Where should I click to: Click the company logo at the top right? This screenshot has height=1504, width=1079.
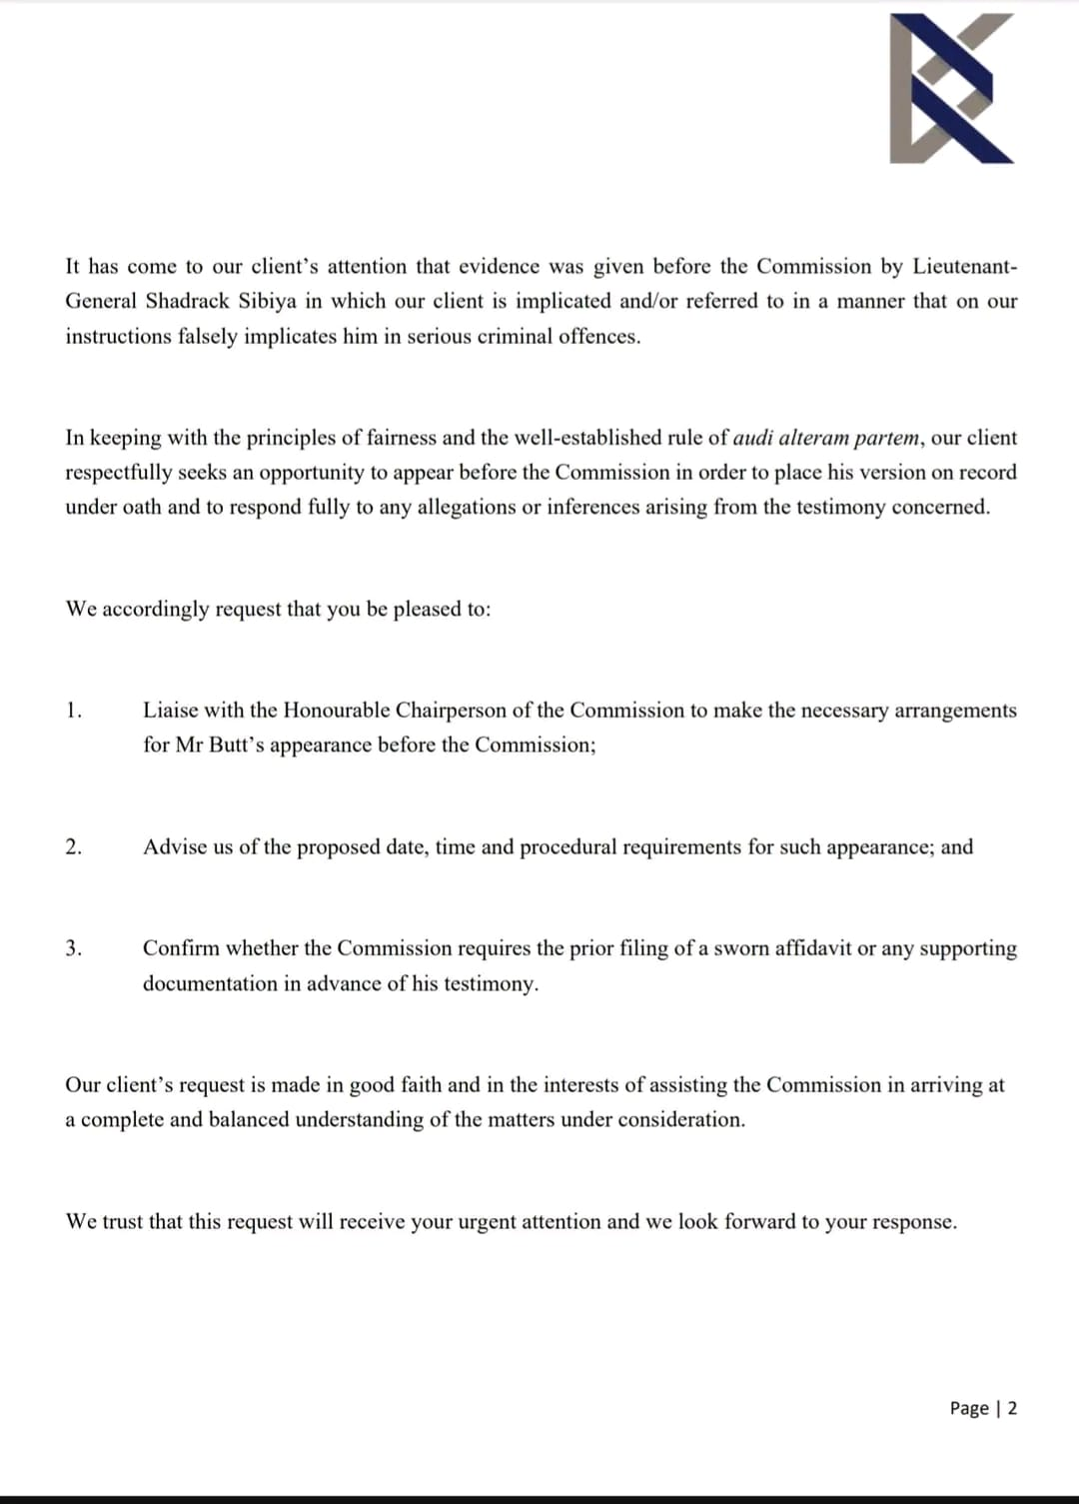pos(952,88)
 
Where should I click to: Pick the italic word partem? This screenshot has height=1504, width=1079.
pos(887,438)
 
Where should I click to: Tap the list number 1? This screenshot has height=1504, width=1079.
pos(73,711)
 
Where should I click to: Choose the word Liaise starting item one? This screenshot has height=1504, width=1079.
pos(172,711)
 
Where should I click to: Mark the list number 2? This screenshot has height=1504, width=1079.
pos(73,847)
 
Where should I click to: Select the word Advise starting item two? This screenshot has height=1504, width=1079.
pos(175,847)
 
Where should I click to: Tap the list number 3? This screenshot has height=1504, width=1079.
pos(73,948)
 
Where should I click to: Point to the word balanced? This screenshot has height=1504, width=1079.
pos(248,1119)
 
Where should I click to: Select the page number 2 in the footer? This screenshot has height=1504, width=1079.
pos(1012,1408)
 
